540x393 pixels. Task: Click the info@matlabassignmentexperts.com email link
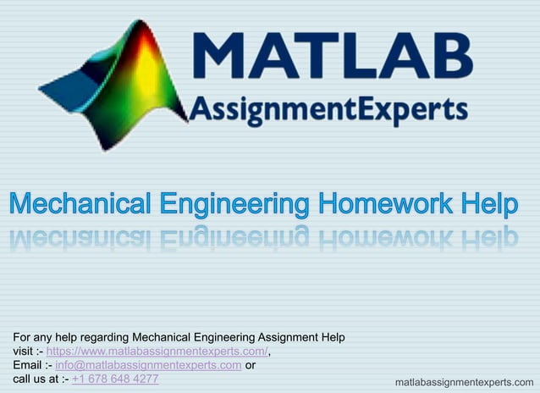[148, 365]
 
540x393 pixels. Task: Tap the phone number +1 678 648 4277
[115, 378]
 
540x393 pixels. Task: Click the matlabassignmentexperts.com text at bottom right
[465, 383]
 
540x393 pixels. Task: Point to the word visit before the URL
[22, 351]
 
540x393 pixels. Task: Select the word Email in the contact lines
[26, 365]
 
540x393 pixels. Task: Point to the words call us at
[34, 378]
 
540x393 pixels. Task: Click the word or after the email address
[251, 365]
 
